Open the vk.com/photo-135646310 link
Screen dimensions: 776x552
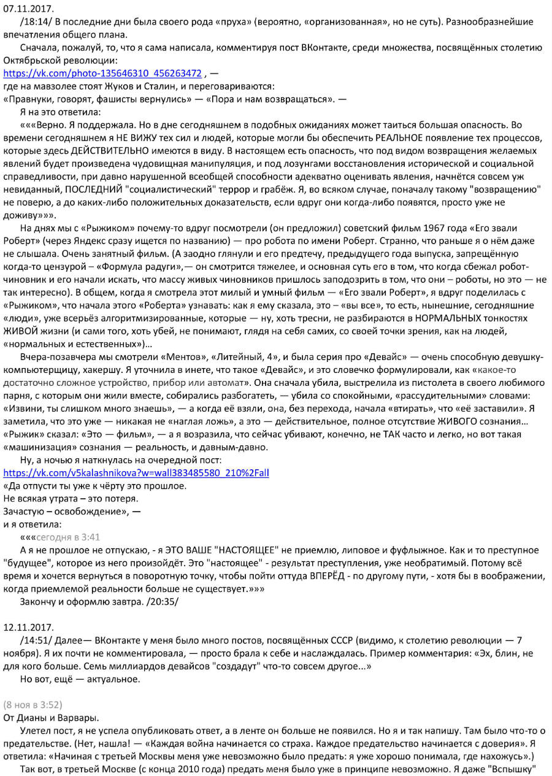pos(102,74)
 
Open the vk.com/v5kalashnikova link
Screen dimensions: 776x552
pos(136,473)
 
